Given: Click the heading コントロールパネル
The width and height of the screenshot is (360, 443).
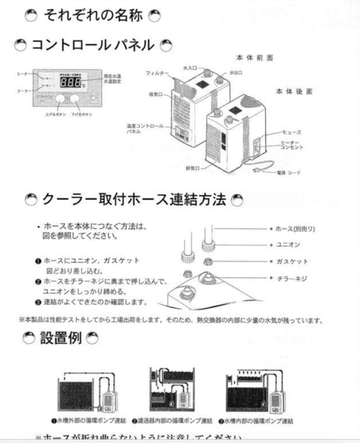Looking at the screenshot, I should pyautogui.click(x=93, y=44).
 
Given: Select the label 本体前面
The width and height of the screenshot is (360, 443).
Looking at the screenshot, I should pyautogui.click(x=254, y=58).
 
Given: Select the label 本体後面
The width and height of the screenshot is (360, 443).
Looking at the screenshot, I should pyautogui.click(x=294, y=91).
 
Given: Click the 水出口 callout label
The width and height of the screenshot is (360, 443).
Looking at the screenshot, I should pyautogui.click(x=236, y=72).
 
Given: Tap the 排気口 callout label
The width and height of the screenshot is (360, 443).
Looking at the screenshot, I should pyautogui.click(x=191, y=169).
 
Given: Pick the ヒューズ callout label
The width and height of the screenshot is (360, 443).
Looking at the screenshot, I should pyautogui.click(x=292, y=132).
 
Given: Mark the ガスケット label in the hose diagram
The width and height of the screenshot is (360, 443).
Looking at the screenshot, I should pyautogui.click(x=292, y=262).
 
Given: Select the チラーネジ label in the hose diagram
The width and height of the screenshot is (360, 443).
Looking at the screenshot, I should pyautogui.click(x=292, y=279).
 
